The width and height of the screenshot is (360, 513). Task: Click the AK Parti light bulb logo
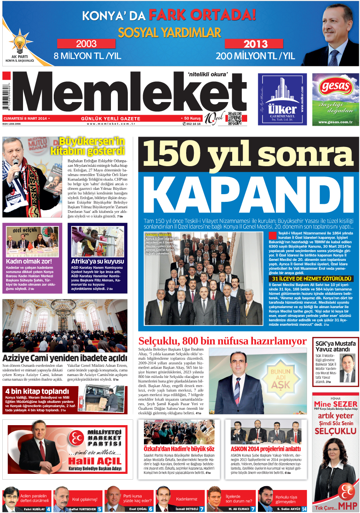[x=20, y=43]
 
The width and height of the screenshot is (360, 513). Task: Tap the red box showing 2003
[x=86, y=44]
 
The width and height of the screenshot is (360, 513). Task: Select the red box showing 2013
[x=254, y=44]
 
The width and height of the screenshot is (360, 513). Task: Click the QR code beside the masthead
[x=234, y=118]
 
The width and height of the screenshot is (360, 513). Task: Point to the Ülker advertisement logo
[x=282, y=99]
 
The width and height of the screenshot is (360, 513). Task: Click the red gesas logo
[x=335, y=86]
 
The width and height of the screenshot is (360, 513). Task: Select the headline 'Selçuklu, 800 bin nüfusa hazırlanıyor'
[x=222, y=341]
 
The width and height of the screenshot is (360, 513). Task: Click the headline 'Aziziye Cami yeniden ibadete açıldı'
[x=64, y=358]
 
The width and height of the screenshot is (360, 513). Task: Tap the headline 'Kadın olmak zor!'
[x=29, y=261]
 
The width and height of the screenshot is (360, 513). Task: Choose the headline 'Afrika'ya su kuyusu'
[x=97, y=261]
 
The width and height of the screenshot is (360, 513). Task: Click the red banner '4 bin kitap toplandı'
[x=37, y=391]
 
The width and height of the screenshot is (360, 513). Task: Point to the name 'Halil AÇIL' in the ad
[x=94, y=461]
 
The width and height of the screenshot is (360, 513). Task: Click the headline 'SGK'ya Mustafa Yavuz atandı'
[x=335, y=346]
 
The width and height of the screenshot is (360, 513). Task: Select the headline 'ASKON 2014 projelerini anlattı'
[x=266, y=449]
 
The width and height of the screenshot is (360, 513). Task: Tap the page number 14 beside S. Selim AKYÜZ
[x=304, y=509]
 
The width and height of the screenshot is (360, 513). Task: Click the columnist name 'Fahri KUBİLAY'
[x=34, y=509]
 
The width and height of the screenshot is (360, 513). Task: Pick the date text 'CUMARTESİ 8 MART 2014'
[x=25, y=119]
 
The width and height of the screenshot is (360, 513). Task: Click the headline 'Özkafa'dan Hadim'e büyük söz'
[x=179, y=449]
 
